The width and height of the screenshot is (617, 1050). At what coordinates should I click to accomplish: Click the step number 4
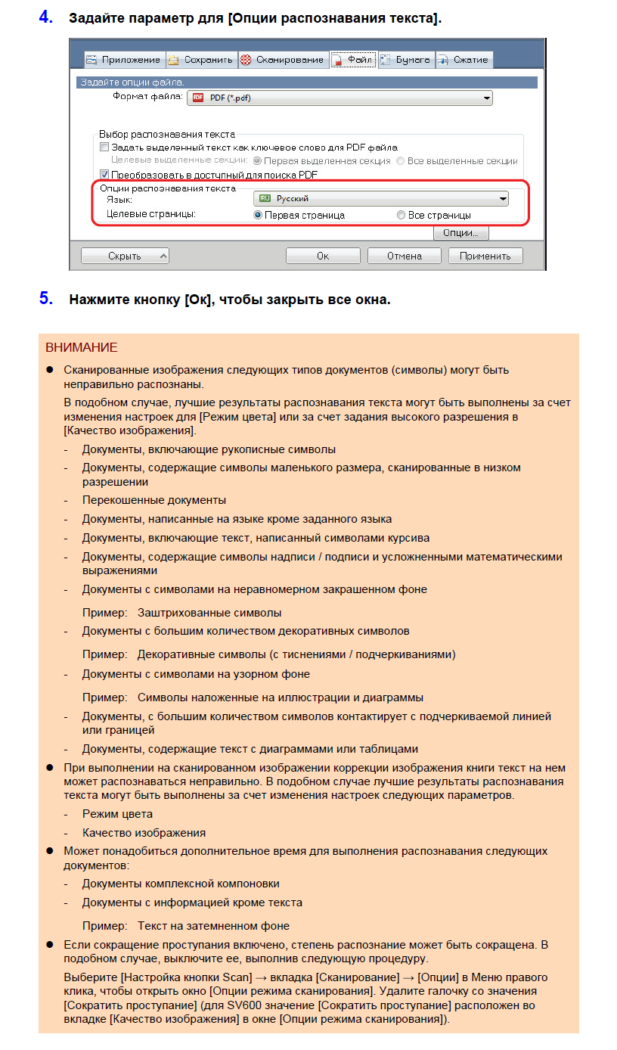tap(45, 17)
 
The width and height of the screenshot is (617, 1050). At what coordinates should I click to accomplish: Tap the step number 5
tap(45, 299)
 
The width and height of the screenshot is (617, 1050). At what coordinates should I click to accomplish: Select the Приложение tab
tap(122, 60)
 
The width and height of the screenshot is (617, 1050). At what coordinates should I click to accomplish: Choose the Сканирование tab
tap(282, 60)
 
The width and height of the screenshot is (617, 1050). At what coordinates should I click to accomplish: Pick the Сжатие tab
tap(463, 60)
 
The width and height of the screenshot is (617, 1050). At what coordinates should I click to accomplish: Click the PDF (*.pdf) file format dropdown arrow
tap(486, 98)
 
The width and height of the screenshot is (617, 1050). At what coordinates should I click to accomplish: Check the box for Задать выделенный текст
tap(104, 148)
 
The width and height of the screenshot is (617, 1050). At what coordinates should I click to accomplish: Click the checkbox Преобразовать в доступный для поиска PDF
tap(104, 174)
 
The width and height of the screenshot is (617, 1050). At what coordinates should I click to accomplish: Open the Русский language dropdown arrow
tap(502, 199)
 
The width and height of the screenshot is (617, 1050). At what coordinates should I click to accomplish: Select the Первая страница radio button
tap(258, 216)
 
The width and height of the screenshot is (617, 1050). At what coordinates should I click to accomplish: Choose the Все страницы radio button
tap(401, 216)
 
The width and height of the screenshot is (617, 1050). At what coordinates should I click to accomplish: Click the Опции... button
tap(460, 234)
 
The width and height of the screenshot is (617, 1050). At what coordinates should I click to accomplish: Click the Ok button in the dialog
tap(323, 256)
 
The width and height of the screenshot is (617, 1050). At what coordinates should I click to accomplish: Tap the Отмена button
tap(404, 256)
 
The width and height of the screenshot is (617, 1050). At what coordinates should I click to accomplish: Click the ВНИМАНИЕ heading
tap(82, 348)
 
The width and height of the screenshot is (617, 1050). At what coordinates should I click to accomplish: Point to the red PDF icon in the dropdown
tap(199, 98)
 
